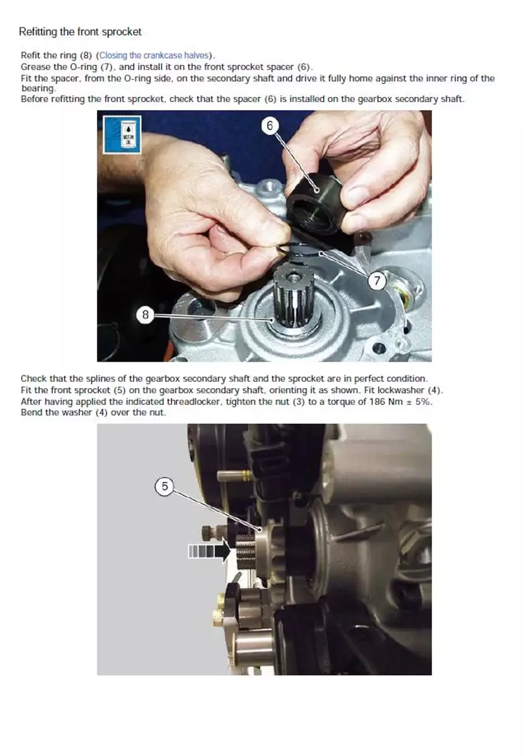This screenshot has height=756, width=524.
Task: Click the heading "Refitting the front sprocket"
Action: [x=80, y=31]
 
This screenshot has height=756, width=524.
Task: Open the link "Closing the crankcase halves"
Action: [x=154, y=55]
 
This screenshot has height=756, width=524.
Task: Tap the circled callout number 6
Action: [x=270, y=126]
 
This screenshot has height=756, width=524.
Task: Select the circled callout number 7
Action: [x=376, y=280]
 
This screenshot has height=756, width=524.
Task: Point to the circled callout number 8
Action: [x=145, y=314]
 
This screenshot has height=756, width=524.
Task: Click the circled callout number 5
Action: [x=164, y=486]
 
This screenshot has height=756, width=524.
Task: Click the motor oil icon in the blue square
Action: [x=122, y=135]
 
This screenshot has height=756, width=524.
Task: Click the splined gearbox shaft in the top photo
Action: [x=293, y=297]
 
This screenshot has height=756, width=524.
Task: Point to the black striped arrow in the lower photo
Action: [x=209, y=552]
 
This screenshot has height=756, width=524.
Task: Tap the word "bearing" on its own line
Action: [x=37, y=88]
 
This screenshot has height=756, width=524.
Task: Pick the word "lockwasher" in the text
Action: [x=401, y=390]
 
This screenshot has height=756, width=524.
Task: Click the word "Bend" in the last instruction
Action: [x=30, y=413]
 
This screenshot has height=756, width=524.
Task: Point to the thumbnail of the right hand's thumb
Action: [x=357, y=195]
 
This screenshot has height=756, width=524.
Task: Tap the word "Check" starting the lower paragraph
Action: [x=34, y=379]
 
